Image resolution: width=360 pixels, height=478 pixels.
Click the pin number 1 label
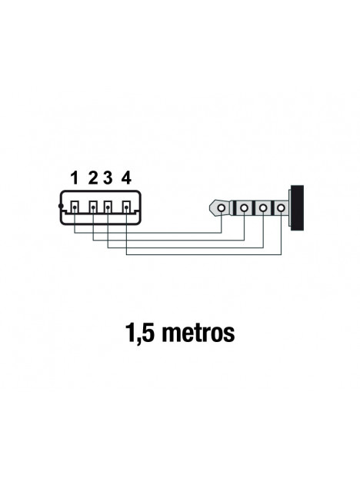75,178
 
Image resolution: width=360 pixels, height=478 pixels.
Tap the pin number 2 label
93,178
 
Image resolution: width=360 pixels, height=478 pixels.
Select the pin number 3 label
108,178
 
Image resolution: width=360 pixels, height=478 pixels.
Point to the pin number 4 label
126,178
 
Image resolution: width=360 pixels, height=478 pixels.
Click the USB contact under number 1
75,207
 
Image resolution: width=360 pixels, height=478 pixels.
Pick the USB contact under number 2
93,207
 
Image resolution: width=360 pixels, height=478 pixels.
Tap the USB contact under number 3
108,207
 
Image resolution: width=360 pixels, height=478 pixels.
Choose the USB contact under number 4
127,207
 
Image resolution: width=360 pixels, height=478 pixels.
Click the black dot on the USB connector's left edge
61,207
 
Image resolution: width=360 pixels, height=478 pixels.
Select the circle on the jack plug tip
222,208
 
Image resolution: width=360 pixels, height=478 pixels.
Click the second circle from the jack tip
244,208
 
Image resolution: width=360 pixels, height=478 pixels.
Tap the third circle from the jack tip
263,208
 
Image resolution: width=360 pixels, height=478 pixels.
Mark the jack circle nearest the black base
282,208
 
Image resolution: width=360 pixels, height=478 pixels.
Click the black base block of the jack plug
297,207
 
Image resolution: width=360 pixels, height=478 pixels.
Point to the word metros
198,334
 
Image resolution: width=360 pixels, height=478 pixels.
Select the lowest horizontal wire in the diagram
204,254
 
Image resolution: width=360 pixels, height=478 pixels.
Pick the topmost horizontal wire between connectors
148,233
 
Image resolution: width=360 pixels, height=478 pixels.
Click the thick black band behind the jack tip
235,208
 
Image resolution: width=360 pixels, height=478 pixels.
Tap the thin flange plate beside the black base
289,208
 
